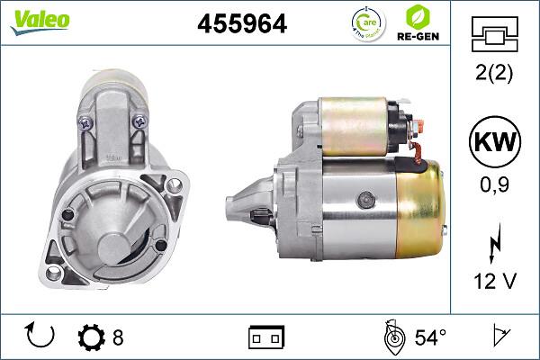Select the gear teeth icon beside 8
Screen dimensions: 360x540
click(92, 337)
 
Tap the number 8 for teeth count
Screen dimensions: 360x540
click(118, 337)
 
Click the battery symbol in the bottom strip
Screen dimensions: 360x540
click(265, 337)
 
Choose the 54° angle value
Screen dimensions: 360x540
click(429, 337)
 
